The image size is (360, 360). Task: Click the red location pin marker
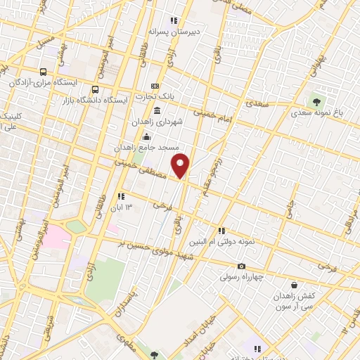(181, 165)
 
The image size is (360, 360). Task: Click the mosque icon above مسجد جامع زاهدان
(146, 136)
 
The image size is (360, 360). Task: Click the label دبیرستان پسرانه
(174, 32)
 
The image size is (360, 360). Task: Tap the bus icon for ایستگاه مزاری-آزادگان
(44, 72)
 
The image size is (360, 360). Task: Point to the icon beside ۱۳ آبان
(121, 196)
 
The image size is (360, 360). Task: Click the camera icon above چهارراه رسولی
(242, 266)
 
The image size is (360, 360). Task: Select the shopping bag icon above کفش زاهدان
(294, 285)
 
